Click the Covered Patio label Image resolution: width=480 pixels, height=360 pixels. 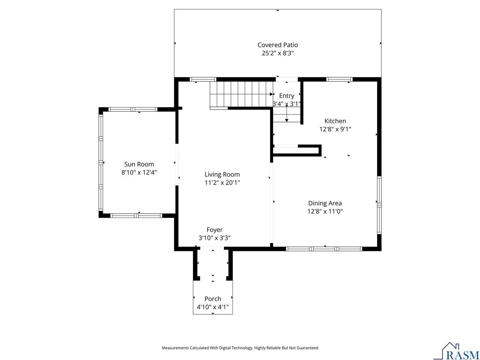(277, 45)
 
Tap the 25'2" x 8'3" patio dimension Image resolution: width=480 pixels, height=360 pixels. (277, 53)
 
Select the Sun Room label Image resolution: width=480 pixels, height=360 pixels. (139, 164)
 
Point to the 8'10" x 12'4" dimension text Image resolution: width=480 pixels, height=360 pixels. (139, 172)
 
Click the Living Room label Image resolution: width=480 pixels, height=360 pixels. (222, 174)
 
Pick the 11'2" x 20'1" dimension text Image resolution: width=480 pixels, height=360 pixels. (222, 183)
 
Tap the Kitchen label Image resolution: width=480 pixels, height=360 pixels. (335, 121)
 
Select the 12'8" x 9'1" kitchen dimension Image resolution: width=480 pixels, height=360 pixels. (335, 129)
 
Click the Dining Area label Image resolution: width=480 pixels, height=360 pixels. (325, 203)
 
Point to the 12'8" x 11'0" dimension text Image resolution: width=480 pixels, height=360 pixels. (325, 211)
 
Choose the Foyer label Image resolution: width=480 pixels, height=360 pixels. (214, 230)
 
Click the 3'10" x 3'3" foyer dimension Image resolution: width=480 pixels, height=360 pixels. (214, 238)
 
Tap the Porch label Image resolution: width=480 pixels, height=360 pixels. (213, 299)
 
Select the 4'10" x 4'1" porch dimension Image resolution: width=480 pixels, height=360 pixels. (213, 307)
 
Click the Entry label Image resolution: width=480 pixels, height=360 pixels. (286, 96)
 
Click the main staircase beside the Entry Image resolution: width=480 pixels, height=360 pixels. (240, 94)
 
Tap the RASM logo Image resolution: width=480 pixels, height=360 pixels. (456, 351)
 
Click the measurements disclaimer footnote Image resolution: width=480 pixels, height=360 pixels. (240, 348)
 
